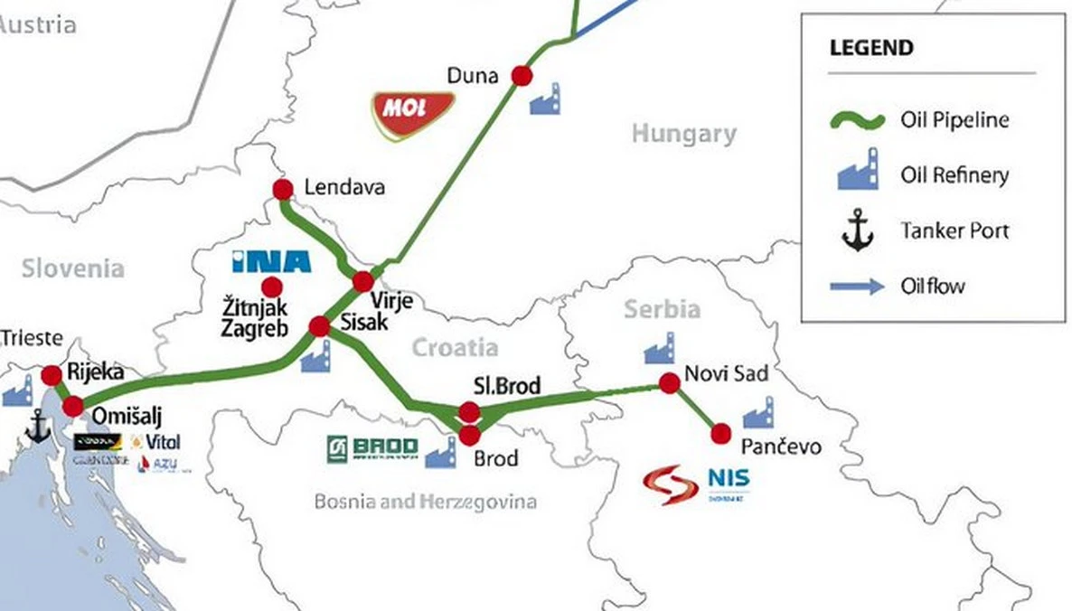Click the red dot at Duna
(521, 75)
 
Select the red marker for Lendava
(283, 189)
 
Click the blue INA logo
(271, 261)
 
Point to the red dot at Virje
(362, 281)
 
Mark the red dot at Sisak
(319, 325)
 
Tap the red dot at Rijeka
(52, 374)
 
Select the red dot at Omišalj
(72, 406)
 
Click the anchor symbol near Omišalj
(38, 426)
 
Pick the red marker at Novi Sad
(669, 383)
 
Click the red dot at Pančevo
(720, 434)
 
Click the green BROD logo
(373, 448)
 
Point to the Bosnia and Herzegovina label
(425, 502)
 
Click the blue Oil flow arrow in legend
(857, 287)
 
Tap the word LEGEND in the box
(870, 48)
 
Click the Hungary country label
(683, 135)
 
